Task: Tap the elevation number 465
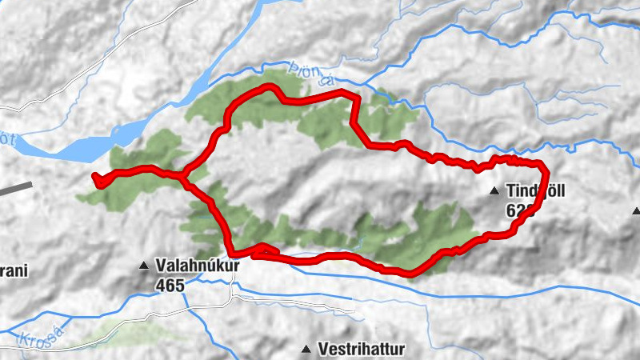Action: click(170, 284)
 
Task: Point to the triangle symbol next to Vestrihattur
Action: click(306, 350)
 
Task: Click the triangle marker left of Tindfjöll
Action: click(494, 191)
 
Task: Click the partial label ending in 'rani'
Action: click(14, 271)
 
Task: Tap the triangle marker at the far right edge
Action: click(636, 211)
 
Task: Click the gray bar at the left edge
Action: click(16, 190)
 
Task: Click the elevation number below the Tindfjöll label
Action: click(518, 210)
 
